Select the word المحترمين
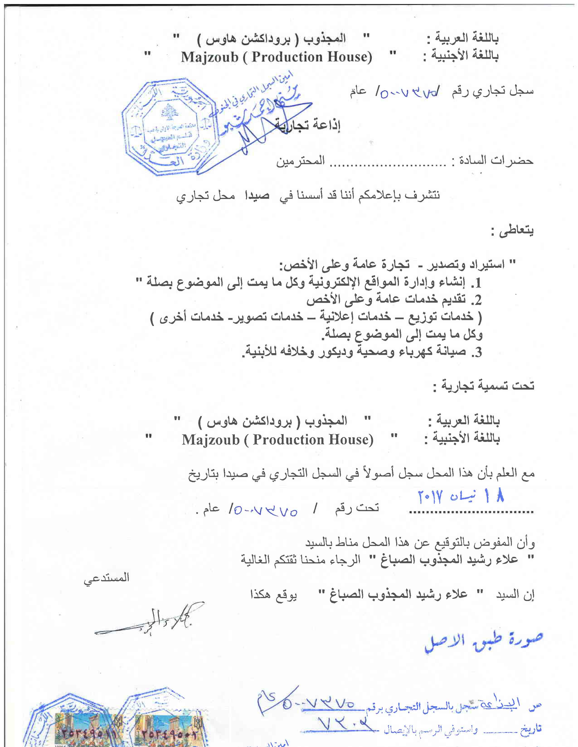coord(300,161)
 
